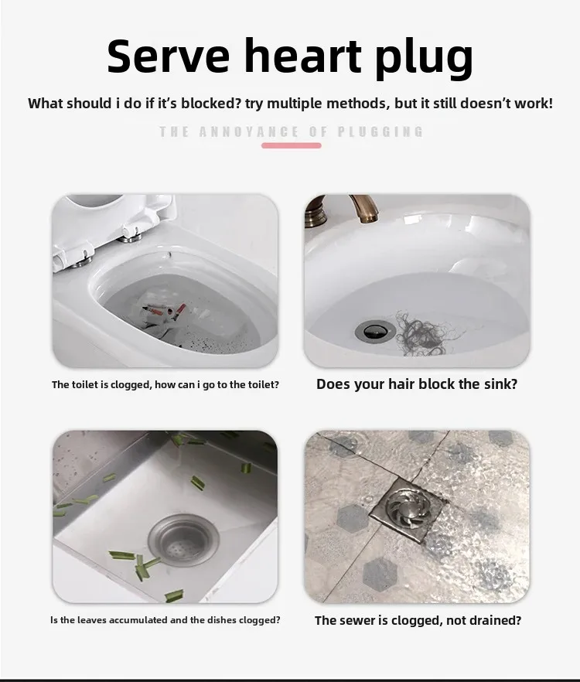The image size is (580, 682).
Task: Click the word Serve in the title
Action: click(x=168, y=56)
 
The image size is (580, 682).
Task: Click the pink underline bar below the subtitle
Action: click(x=291, y=145)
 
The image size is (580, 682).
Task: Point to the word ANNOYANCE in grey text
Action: click(x=249, y=131)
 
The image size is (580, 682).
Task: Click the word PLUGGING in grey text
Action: click(x=380, y=131)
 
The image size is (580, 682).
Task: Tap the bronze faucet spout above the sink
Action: click(x=364, y=208)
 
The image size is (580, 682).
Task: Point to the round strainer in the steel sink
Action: click(x=183, y=540)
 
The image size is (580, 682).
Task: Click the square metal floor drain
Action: click(x=408, y=510)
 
